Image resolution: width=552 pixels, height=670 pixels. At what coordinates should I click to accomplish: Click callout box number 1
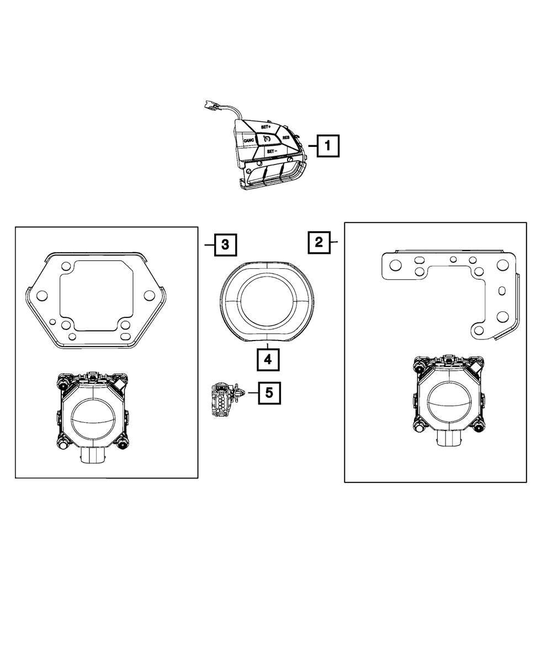coord(328,146)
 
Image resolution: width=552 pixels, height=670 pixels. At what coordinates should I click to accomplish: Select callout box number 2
coord(319,242)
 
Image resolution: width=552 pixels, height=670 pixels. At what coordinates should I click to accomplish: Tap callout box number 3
coord(225,244)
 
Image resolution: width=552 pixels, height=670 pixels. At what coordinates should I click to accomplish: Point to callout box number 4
coord(268,360)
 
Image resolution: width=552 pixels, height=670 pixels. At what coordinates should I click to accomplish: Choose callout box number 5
coord(269,392)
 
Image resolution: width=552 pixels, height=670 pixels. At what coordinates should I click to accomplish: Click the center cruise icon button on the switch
coord(267,139)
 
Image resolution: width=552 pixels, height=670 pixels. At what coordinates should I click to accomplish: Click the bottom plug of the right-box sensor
coord(449,440)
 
